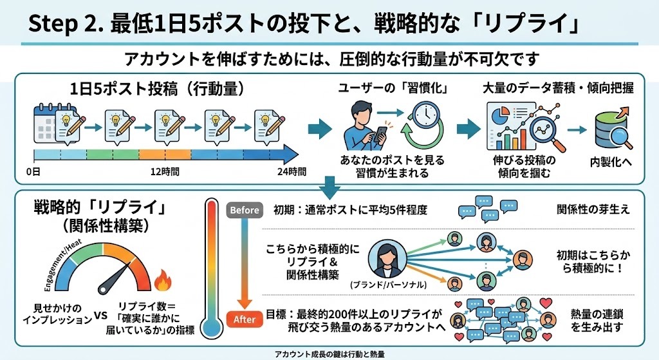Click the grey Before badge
[244, 210]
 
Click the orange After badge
[245, 319]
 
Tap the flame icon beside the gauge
[161, 281]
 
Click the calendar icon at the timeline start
[45, 122]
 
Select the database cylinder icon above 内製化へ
[612, 127]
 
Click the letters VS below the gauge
[101, 316]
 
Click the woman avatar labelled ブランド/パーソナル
[384, 260]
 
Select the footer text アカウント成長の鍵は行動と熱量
[329, 354]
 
